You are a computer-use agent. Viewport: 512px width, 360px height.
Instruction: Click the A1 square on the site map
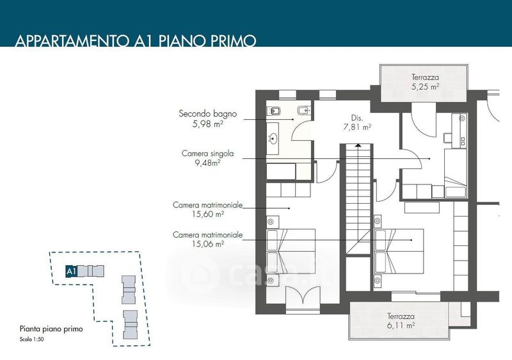point(71,271)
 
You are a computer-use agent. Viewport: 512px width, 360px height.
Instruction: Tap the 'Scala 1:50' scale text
point(31,339)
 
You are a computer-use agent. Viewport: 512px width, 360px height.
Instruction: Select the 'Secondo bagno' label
point(207,113)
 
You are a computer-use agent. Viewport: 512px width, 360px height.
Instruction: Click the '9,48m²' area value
point(207,163)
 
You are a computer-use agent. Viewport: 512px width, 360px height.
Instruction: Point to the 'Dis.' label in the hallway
point(357,118)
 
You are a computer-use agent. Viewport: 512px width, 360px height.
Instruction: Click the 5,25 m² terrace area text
point(425,87)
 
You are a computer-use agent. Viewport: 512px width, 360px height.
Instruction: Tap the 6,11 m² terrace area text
point(401,325)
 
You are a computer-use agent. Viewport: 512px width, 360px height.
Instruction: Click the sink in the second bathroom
point(273,139)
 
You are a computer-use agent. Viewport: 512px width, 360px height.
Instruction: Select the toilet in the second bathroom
point(274,111)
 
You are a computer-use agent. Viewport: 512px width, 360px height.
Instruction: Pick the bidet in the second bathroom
point(304,111)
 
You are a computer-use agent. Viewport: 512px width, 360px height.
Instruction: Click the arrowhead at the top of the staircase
point(358,145)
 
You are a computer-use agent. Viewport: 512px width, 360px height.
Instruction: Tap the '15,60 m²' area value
point(208,214)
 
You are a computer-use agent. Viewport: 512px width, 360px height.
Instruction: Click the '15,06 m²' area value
point(208,243)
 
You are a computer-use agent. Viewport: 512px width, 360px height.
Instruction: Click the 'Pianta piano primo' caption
point(51,329)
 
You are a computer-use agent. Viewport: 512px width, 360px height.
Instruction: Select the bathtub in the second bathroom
point(281,171)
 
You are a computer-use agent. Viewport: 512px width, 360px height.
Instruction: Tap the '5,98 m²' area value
point(208,124)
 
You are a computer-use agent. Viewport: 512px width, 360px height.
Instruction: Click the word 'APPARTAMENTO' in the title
point(72,40)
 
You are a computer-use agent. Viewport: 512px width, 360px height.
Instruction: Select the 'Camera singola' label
point(207,153)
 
